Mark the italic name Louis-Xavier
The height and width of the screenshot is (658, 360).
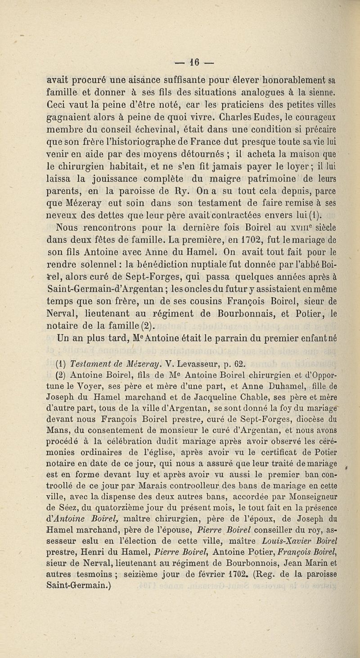tap(282, 532)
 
